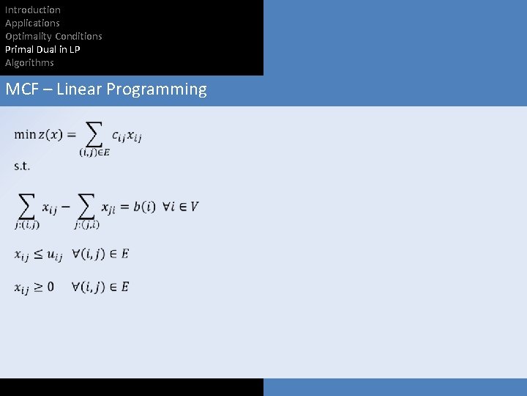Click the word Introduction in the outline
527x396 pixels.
[x=33, y=10]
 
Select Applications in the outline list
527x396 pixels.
[x=32, y=23]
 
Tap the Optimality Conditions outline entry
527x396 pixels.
[x=53, y=36]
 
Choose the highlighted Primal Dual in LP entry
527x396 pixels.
[x=42, y=49]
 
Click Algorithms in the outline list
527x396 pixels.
[x=29, y=62]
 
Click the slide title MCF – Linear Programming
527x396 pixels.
[x=106, y=89]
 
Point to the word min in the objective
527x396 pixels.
[x=25, y=134]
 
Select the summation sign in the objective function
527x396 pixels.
[x=94, y=133]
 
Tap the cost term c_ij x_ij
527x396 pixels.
[x=128, y=136]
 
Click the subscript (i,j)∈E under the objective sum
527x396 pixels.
[x=94, y=152]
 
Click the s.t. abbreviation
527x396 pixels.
[x=21, y=166]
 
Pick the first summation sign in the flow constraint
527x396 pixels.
[x=27, y=206]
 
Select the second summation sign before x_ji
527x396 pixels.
[x=86, y=206]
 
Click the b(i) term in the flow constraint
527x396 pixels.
[x=144, y=207]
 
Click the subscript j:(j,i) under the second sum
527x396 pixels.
[x=86, y=224]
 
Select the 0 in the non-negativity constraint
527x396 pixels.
[x=50, y=287]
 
